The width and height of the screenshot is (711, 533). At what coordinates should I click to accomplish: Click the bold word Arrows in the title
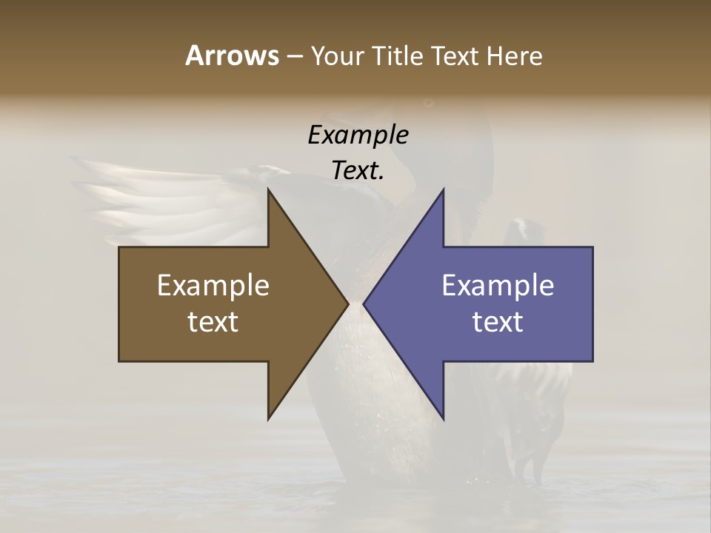click(232, 56)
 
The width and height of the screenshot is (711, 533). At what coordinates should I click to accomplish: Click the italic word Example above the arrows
click(358, 135)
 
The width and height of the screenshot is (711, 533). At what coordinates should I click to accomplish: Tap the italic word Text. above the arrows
click(358, 171)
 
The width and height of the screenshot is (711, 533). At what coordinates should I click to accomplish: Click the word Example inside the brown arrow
click(213, 285)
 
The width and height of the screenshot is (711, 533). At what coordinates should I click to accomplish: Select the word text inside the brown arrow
click(213, 321)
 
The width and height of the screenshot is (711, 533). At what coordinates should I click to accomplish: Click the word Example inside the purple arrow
click(498, 285)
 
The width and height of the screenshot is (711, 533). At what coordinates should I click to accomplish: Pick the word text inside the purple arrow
click(498, 321)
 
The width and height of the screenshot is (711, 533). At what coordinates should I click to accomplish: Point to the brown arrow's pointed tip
click(347, 304)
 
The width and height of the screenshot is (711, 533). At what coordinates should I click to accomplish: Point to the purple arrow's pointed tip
click(364, 304)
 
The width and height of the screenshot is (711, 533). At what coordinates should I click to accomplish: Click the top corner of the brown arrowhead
click(268, 190)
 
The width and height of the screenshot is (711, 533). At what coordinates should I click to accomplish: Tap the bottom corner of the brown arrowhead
click(268, 419)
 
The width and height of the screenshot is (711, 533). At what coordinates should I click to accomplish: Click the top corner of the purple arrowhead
click(443, 190)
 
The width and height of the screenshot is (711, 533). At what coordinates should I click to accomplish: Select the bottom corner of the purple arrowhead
click(443, 419)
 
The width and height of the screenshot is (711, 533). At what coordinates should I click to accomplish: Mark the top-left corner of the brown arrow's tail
click(119, 247)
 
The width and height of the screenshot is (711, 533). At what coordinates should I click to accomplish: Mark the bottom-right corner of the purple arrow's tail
click(592, 361)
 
